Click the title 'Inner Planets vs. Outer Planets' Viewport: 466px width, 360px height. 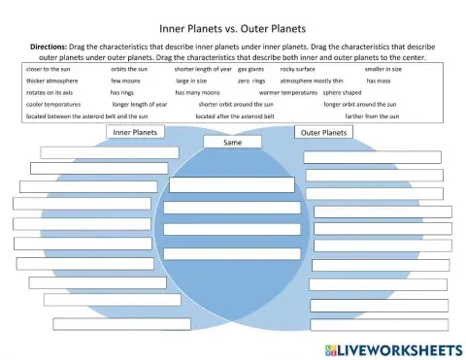click(232, 29)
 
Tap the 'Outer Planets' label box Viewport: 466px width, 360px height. click(322, 132)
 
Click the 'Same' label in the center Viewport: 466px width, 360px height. click(233, 143)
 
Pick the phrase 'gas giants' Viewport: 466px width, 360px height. click(252, 70)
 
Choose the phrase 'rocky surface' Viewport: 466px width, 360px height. click(297, 70)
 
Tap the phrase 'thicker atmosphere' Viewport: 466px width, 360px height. click(52, 82)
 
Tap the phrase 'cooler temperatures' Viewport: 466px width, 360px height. click(53, 105)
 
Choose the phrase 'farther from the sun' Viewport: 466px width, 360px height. click(372, 116)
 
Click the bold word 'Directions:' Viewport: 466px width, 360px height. click(42, 47)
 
